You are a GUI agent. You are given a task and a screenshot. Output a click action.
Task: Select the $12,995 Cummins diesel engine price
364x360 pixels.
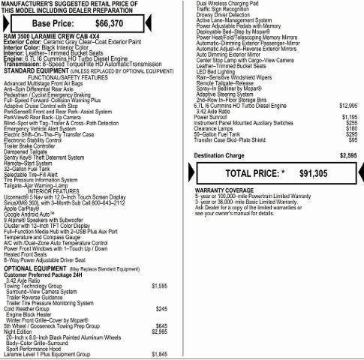(x=348, y=106)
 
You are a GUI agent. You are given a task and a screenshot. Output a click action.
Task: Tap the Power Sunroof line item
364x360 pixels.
(x=211, y=117)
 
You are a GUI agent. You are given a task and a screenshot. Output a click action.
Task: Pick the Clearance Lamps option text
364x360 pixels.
(x=214, y=128)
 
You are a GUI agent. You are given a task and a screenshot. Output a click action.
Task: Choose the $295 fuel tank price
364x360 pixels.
(x=350, y=133)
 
